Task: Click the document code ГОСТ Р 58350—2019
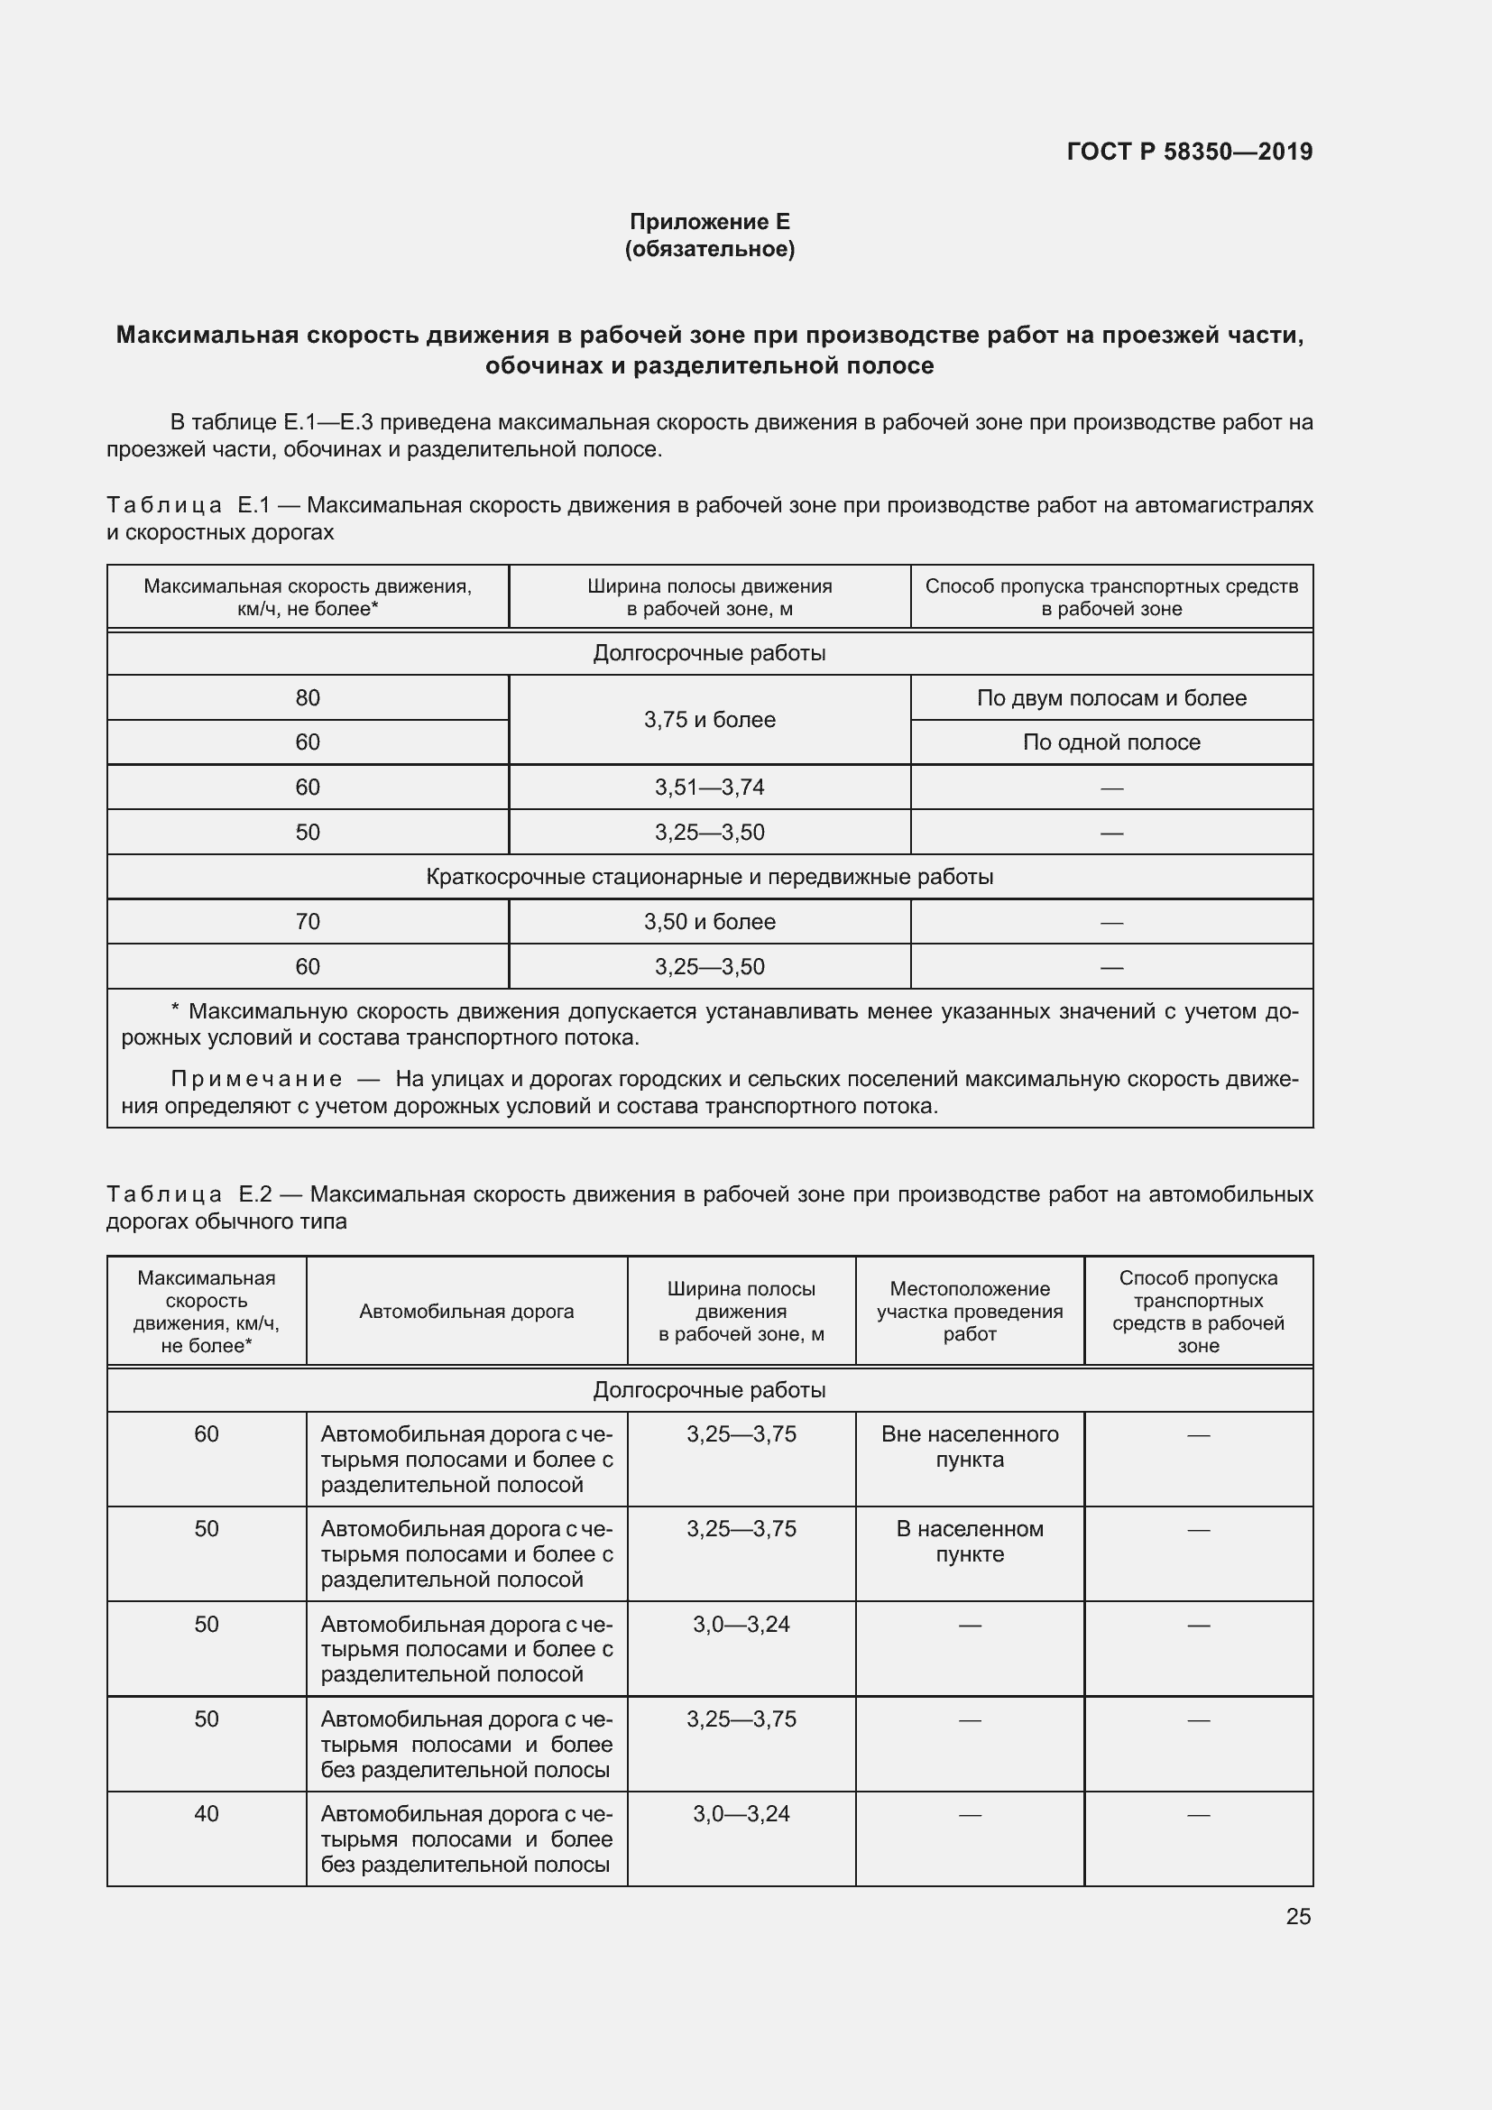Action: tap(1189, 152)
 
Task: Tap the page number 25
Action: tap(1297, 1916)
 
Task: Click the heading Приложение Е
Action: tap(709, 222)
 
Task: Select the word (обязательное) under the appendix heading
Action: tap(709, 249)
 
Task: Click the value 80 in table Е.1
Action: tap(308, 697)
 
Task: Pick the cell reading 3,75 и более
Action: tap(709, 720)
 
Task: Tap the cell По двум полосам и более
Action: tap(1110, 697)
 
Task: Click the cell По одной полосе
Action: tap(1110, 742)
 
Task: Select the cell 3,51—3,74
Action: tap(709, 788)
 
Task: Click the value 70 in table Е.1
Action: tap(308, 922)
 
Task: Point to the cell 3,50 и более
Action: tap(709, 922)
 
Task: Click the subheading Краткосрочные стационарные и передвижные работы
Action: tap(709, 877)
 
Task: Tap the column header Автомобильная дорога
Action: tap(465, 1312)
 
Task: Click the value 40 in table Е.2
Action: tap(207, 1813)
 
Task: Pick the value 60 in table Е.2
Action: tap(207, 1433)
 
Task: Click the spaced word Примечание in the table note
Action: tap(256, 1079)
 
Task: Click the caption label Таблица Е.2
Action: tap(189, 1194)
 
